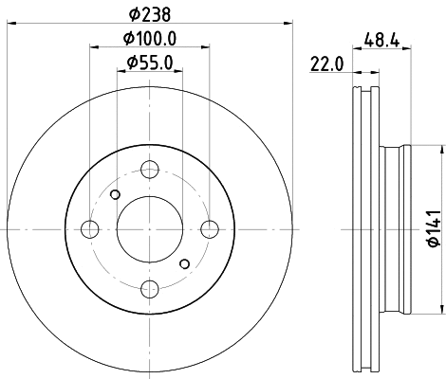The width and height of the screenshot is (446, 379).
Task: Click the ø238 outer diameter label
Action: coord(151,13)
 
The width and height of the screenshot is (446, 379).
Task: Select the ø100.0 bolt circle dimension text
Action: coord(151,39)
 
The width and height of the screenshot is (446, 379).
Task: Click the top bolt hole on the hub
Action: coord(150,171)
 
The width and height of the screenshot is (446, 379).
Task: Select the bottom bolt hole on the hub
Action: coord(150,288)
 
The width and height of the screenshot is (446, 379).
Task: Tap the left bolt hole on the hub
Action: coord(91,229)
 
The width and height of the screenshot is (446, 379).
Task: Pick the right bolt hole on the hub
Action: coord(209,229)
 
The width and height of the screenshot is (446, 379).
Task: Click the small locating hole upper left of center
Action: coord(115,195)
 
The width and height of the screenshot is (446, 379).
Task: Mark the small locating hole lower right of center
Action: coord(185,264)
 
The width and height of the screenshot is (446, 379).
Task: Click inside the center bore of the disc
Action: coord(150,229)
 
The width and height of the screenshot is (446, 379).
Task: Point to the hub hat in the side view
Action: coord(396,228)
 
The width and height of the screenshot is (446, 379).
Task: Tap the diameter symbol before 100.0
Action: coord(127,39)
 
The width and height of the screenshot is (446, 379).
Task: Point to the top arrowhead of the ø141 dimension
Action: coord(442,149)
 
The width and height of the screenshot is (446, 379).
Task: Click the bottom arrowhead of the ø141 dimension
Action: coord(442,308)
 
